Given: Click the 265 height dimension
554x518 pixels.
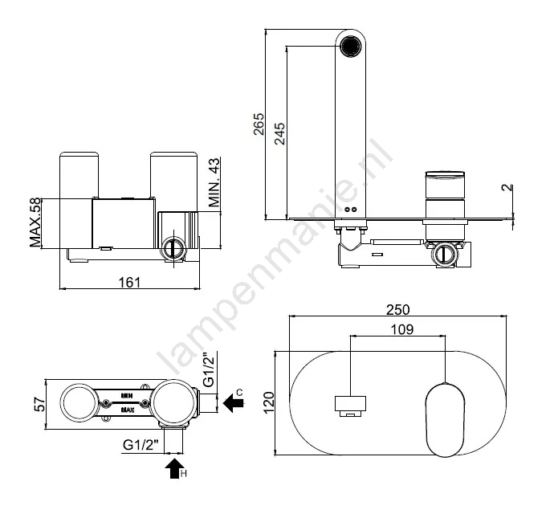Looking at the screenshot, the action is [259, 124].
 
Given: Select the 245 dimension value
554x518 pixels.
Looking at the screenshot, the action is [280, 133].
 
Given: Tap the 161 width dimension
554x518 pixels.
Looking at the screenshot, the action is [129, 283].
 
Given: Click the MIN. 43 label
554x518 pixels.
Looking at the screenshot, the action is [214, 182].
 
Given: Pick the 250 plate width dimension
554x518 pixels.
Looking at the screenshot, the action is [397, 309].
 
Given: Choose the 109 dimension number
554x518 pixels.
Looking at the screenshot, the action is [402, 329].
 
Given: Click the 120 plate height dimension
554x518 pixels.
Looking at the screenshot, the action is [269, 402].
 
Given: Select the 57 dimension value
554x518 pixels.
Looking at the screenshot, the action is [40, 405].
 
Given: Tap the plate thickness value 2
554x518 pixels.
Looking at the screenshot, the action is [507, 187].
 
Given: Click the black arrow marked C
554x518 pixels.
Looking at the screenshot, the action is [234, 403].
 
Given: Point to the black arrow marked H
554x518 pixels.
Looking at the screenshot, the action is [174, 468].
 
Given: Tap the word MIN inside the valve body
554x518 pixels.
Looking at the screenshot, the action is [127, 396].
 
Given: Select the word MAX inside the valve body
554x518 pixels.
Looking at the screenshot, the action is [127, 410].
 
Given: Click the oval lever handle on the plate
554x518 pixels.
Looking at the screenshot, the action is [445, 420].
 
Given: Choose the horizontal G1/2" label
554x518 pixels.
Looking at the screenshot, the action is [141, 444].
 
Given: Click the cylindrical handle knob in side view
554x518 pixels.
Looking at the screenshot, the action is [445, 186].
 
